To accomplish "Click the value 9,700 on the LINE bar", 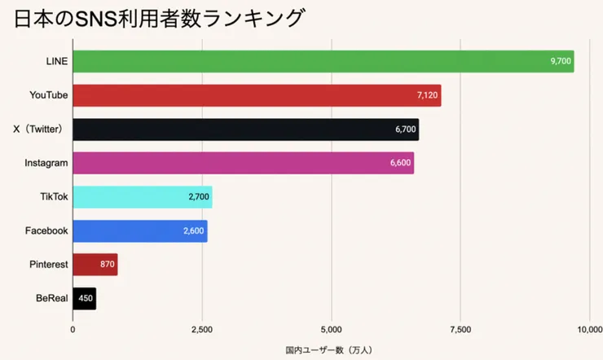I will [561, 61].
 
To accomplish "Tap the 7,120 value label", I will [427, 95].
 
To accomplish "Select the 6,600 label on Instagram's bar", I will [400, 163].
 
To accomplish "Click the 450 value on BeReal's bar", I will [86, 299].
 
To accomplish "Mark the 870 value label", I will [107, 265].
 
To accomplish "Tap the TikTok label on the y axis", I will [54, 197].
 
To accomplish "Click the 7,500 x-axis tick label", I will [460, 330].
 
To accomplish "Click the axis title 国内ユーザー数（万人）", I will [329, 350].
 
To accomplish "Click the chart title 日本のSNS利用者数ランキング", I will [160, 19].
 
